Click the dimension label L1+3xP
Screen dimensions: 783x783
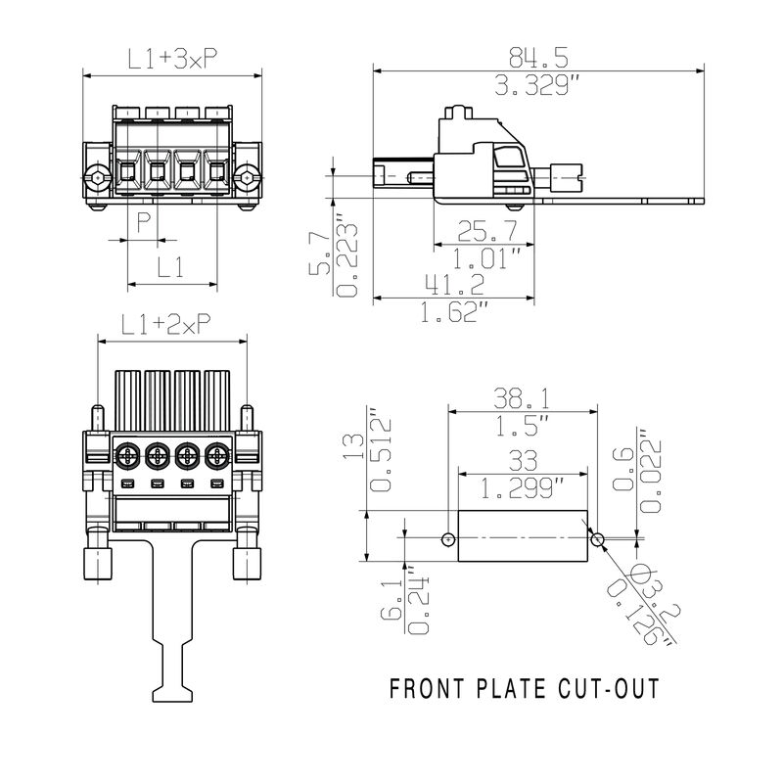coord(172,59)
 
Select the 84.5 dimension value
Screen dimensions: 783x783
coord(538,56)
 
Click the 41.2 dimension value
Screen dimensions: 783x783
coord(454,285)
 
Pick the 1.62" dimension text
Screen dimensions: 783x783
coord(454,312)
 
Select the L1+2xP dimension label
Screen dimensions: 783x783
coord(167,324)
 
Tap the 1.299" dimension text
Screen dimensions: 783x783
coord(522,485)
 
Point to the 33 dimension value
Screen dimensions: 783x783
coord(522,458)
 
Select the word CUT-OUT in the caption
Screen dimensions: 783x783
coord(608,688)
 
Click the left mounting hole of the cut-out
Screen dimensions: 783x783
coord(448,538)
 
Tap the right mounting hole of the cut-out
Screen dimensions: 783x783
coord(597,538)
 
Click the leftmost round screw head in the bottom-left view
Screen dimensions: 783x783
coord(127,456)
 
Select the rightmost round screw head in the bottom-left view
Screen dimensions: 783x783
coord(216,456)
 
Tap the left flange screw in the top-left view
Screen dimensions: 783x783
coord(96,178)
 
